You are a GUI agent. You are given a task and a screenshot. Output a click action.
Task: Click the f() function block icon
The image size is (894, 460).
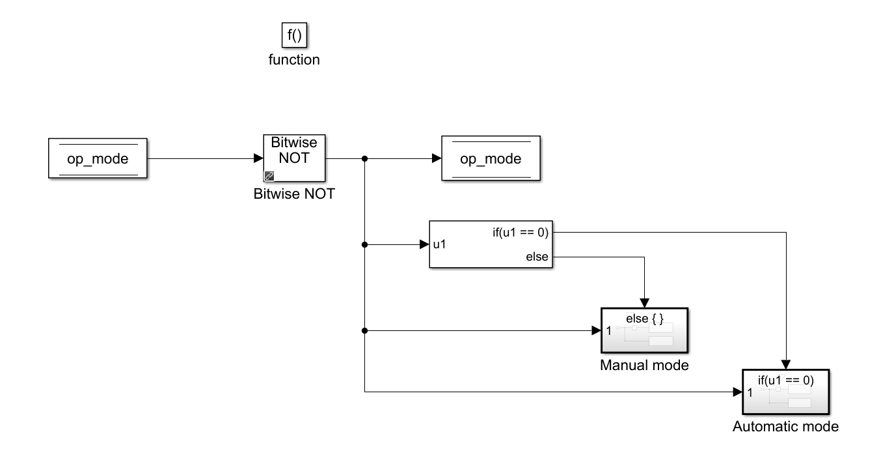pos(294,35)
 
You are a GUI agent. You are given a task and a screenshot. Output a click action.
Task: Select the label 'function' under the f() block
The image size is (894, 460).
pos(294,60)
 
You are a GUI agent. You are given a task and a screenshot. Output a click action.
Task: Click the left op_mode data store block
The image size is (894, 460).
pos(98,158)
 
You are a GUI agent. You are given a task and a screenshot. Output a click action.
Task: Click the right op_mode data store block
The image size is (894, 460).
pos(491,158)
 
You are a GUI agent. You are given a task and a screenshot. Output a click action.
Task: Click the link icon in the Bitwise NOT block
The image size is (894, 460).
pos(269,176)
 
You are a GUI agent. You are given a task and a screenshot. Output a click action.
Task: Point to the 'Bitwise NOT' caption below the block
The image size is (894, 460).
pos(294,194)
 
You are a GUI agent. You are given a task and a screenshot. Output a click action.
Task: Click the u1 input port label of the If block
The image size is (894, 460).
pos(440,245)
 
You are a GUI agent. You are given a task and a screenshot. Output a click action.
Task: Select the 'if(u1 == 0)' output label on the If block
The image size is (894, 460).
pos(521,232)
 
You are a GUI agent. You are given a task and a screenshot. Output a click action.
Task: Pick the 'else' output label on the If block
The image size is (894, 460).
pos(537,257)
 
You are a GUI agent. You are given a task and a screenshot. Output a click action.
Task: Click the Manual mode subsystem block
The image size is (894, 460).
pos(644,330)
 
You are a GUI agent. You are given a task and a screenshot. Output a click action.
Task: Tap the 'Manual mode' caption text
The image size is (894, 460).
pos(644,366)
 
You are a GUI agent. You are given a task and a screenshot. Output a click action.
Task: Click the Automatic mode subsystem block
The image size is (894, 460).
pos(785,392)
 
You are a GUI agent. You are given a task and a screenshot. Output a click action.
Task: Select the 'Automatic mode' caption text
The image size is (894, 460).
pos(785,427)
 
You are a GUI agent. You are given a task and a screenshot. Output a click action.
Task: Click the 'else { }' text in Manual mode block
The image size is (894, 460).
pos(644,319)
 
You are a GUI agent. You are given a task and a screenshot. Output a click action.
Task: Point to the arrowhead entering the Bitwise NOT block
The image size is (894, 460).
pos(258,158)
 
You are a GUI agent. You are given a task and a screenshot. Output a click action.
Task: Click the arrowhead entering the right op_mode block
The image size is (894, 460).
pos(437,158)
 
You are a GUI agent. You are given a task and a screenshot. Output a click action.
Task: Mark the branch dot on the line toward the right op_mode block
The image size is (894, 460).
pos(365,158)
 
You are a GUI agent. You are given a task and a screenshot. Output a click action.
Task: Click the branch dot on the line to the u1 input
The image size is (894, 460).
pos(365,245)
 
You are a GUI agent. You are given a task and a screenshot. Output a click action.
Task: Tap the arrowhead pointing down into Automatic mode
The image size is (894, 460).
pos(786,364)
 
